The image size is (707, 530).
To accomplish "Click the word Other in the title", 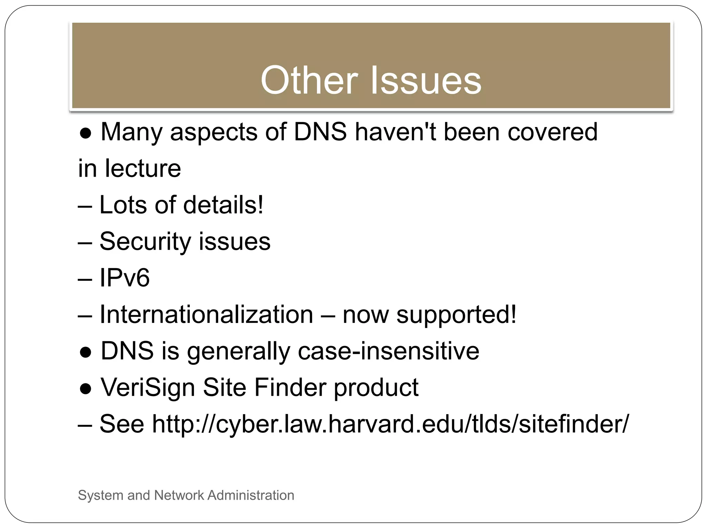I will tap(309, 80).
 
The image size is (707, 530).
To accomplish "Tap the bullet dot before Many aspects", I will tap(85, 133).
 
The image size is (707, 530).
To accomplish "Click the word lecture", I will tap(143, 168).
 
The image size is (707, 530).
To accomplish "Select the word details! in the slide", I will tap(223, 205).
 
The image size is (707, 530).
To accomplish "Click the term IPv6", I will tap(125, 278).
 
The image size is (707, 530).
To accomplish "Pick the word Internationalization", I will tap(206, 314).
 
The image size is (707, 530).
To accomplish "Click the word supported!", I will tap(456, 315).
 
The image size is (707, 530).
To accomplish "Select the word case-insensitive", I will tap(388, 351).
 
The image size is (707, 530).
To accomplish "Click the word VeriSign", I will tap(148, 387).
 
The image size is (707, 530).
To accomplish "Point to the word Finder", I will tap(289, 387).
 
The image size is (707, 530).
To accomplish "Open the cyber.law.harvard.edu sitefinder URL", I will tap(390, 424).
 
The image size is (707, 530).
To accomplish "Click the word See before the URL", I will tap(122, 424).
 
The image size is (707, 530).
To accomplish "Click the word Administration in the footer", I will tap(251, 495).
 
